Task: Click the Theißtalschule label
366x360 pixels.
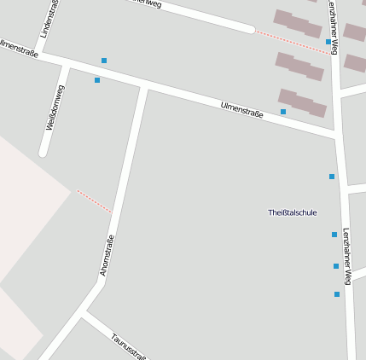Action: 292,212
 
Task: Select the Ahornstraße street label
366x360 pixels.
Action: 107,254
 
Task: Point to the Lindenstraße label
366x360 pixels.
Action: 49,19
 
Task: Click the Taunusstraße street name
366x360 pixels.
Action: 129,345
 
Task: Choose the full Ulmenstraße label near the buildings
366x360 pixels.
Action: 241,108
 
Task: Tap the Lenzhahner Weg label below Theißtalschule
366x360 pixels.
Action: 347,255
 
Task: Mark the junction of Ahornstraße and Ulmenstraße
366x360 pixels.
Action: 144,87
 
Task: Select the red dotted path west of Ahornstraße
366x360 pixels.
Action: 94,201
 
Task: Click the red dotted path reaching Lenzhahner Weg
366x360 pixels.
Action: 292,42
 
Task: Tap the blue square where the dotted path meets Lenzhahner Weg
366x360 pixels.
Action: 328,41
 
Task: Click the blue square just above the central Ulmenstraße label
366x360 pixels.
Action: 283,112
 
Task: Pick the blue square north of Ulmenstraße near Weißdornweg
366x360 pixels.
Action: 104,61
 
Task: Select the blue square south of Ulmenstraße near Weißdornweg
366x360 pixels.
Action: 97,80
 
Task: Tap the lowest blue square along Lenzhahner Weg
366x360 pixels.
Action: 337,294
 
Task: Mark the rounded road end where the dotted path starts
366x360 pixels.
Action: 250,29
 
